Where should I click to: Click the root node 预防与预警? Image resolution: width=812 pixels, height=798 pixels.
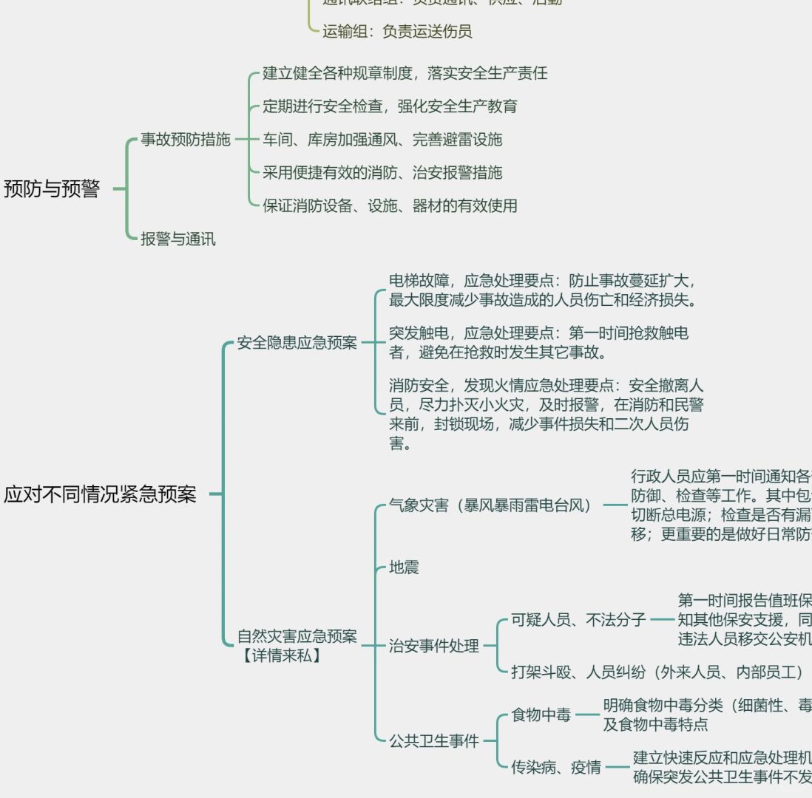52,189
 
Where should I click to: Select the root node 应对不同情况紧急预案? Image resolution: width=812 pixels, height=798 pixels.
101,494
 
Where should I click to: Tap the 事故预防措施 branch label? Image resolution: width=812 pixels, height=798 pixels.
186,140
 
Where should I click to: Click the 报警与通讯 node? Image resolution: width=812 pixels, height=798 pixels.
178,239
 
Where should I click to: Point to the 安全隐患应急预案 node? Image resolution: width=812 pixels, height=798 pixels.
297,343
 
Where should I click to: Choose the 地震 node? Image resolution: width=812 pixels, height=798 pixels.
404,567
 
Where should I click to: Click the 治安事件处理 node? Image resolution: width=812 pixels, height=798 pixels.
434,646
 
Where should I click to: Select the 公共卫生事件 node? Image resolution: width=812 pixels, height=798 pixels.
434,741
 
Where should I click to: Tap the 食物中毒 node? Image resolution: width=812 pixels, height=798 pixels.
541,715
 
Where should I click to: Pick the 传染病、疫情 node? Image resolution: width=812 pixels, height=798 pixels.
556,767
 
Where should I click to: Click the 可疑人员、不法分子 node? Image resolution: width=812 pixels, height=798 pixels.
579,619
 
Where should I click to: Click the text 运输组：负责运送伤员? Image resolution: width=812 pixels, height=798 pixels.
397,31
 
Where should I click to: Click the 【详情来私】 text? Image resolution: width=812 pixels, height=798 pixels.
281,655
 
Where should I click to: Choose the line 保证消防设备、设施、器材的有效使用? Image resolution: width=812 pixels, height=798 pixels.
390,205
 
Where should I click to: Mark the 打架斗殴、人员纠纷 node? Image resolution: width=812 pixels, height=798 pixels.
657,672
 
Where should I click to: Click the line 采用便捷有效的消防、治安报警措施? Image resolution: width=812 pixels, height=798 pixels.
382,172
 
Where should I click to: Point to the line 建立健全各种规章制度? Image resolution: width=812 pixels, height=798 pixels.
405,73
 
